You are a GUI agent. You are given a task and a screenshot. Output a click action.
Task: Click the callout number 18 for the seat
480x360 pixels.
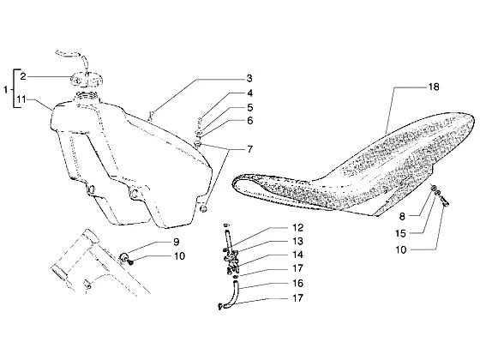click(x=434, y=87)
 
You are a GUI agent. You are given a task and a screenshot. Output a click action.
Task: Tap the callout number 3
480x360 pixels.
click(x=249, y=78)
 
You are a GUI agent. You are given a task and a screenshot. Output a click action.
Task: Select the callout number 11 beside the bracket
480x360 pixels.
click(x=21, y=99)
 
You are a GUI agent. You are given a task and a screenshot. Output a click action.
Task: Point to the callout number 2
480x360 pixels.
click(x=23, y=76)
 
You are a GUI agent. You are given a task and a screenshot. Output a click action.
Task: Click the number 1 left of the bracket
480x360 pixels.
click(x=5, y=90)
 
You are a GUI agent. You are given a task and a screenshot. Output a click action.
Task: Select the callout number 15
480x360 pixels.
click(x=400, y=233)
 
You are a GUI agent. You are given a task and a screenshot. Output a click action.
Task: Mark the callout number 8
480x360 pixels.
click(x=402, y=216)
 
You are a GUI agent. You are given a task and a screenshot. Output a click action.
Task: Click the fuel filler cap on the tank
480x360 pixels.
click(x=86, y=79)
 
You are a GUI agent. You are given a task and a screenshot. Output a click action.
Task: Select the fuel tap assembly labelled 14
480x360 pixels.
click(x=232, y=261)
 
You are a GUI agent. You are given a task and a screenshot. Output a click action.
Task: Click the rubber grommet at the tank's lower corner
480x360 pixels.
click(x=203, y=209)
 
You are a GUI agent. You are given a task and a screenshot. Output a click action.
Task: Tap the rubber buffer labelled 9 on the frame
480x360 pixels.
click(x=124, y=256)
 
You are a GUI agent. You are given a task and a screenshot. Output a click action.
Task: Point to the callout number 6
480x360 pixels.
click(x=250, y=121)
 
